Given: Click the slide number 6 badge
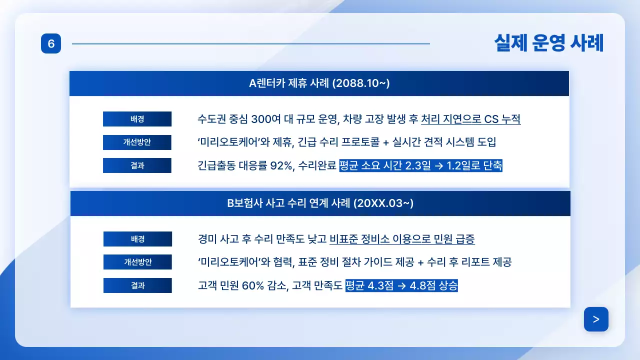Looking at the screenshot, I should coord(51,44).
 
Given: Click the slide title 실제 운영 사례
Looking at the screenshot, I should coord(548,43).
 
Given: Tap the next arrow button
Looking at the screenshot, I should coord(596,319).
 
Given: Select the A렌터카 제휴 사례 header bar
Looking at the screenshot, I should coord(319,83).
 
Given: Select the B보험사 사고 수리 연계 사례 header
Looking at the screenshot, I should coord(320,203).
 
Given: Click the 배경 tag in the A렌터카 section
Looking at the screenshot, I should coord(137,119).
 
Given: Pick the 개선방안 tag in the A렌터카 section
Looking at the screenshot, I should coord(137,142).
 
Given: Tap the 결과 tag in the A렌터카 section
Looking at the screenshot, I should coord(137,165).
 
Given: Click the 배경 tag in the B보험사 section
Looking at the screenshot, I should coord(137,239).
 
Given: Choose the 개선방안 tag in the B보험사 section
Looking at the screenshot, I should coord(137,262).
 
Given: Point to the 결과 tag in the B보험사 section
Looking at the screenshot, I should coord(137,285).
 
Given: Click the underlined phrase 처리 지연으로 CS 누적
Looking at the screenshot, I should coord(470,119).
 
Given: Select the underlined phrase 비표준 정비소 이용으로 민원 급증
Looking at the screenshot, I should coord(402,239).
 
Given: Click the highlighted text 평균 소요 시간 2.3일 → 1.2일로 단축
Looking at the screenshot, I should coord(420,165).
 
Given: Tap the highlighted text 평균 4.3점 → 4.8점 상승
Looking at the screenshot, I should coord(401,286).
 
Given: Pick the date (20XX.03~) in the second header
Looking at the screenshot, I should coord(383,203).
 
